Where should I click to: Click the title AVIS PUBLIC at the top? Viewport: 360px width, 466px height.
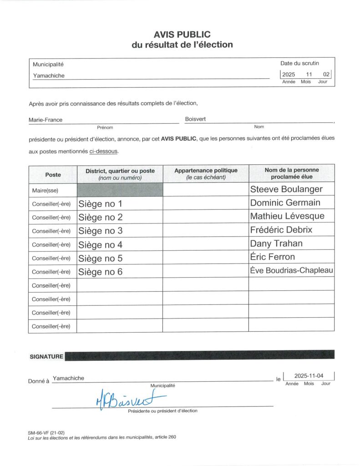coord(182,35)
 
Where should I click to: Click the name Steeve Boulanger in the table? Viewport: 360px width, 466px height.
coord(286,189)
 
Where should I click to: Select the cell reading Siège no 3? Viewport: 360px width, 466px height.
coord(101,231)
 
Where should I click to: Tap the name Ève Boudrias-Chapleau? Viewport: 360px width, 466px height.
coord(291,271)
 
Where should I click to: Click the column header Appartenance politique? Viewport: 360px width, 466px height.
coord(206,171)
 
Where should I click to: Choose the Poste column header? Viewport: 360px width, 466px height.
coord(53,174)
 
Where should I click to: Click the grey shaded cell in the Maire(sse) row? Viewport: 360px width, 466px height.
coord(120,190)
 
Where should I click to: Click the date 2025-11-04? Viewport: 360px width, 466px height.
coord(309,376)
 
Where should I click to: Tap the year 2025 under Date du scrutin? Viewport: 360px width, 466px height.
coord(289,75)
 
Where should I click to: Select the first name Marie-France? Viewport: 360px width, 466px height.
coord(46,120)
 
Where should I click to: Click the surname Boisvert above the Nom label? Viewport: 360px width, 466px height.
coord(195,119)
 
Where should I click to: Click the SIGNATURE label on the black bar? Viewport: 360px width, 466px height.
coord(46,357)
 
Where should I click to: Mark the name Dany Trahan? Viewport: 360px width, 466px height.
coord(276,243)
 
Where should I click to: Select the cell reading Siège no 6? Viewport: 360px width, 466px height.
coord(101,272)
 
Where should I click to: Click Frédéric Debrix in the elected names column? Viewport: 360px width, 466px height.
coord(281,230)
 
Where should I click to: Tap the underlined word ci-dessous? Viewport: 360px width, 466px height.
coord(103,151)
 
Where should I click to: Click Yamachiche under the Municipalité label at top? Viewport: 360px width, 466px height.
coord(49,76)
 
